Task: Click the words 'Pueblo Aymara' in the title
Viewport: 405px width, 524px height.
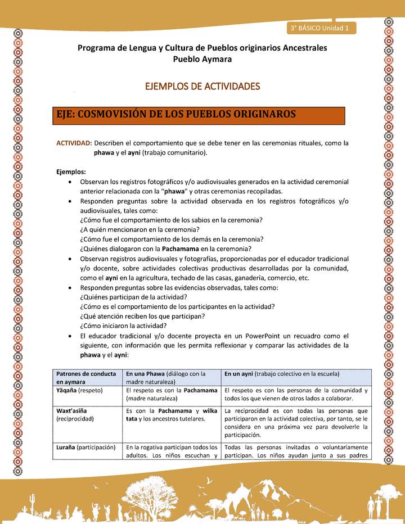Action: [x=202, y=59]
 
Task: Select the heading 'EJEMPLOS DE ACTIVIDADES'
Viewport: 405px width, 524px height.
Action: [x=202, y=87]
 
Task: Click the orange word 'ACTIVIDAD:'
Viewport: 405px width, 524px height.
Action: [x=74, y=143]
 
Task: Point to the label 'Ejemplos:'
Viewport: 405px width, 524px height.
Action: [x=71, y=171]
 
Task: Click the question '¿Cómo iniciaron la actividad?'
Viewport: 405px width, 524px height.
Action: [x=123, y=326]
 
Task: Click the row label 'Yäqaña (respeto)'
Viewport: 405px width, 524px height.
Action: [x=79, y=390]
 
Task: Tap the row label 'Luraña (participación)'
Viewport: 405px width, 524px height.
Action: [x=85, y=448]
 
